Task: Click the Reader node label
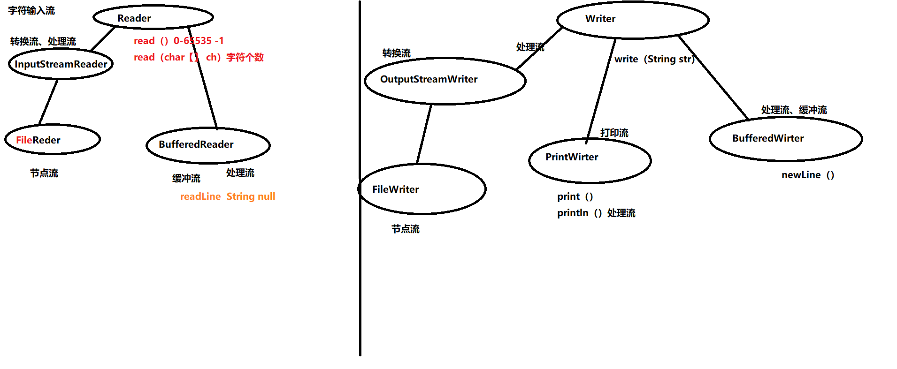tap(134, 18)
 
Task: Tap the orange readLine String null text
tap(228, 196)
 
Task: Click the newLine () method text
tap(808, 175)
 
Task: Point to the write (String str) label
tap(654, 59)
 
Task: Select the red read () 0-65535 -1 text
tap(179, 41)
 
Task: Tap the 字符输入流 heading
tap(31, 10)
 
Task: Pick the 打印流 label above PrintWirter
tap(614, 133)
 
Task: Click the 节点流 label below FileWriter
tap(406, 229)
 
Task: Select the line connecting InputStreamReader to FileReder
tap(48, 102)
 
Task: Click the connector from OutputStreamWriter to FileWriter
tap(424, 134)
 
